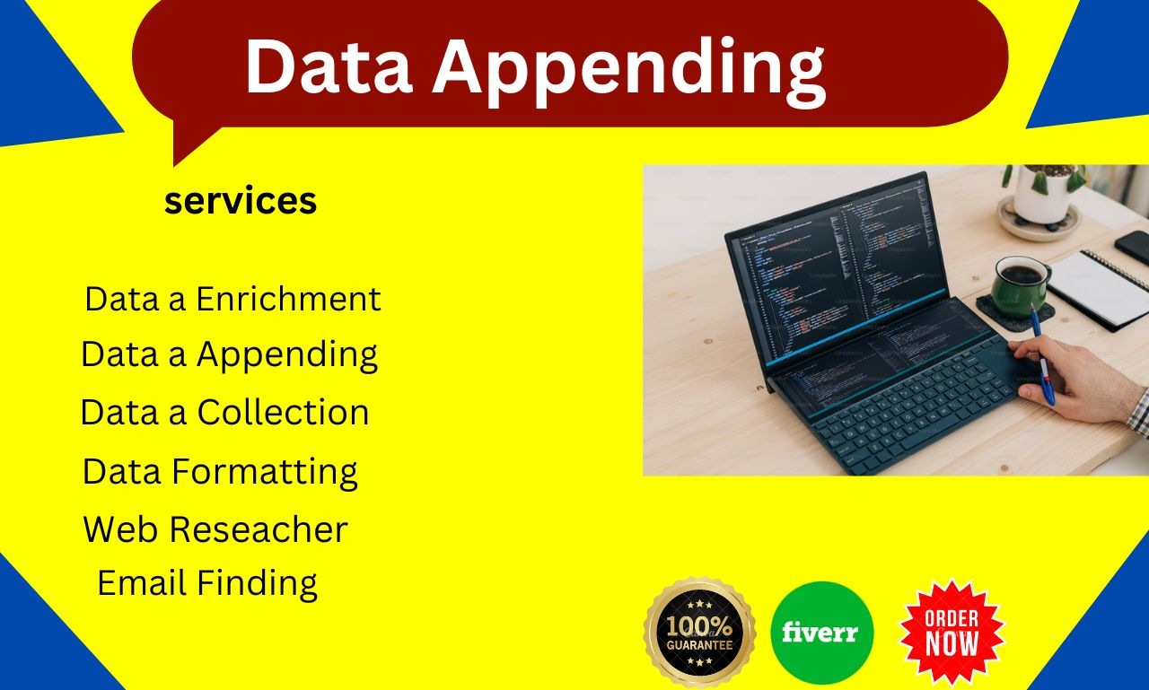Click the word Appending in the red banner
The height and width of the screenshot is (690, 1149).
tap(628, 68)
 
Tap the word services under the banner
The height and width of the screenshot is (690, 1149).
tap(241, 201)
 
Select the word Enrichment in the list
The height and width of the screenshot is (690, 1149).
tap(289, 299)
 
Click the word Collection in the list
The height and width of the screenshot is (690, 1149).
tap(283, 413)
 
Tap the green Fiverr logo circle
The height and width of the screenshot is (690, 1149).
tap(821, 633)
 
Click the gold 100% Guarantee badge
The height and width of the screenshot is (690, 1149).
tap(699, 633)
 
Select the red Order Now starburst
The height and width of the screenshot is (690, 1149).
tap(952, 632)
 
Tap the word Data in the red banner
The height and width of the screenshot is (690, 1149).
tap(327, 68)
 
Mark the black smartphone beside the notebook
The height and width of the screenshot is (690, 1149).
tap(1132, 247)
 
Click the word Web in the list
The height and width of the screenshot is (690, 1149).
tap(120, 529)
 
